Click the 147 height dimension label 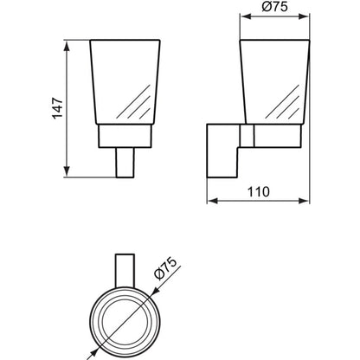(58, 108)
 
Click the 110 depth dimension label (259, 192)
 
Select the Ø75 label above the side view (275, 7)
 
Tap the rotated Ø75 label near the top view (165, 269)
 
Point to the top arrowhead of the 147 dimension (67, 46)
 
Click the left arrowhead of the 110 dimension (213, 201)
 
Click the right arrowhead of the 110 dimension (304, 201)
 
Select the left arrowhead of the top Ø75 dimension (246, 16)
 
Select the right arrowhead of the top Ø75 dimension (304, 16)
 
